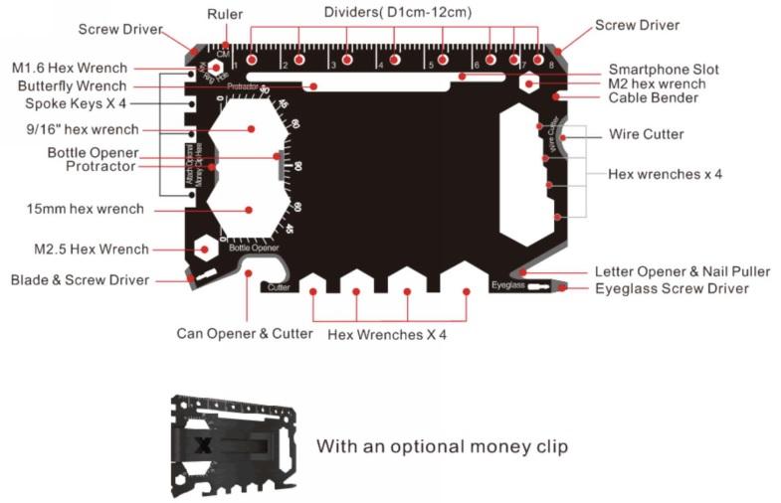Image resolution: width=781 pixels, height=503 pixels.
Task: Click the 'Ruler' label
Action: (225, 14)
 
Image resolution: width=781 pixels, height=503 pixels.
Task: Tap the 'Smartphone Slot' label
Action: (664, 70)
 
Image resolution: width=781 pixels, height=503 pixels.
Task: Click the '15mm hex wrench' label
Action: (86, 209)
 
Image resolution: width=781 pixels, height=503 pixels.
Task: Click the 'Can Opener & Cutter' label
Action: (245, 333)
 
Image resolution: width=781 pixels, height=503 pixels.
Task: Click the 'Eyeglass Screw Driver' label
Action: (672, 288)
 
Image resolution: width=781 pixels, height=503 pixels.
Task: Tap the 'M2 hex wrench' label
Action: (657, 84)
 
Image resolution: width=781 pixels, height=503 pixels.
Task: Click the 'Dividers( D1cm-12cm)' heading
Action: (398, 12)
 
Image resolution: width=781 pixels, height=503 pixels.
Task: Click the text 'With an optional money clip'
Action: (442, 446)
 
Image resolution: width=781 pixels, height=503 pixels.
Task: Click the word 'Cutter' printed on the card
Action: (279, 287)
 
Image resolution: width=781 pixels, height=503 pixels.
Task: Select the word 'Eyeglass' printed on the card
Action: (507, 286)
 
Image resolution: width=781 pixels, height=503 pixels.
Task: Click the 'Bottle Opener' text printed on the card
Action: (254, 247)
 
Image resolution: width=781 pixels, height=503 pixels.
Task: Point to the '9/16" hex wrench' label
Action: (84, 129)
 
